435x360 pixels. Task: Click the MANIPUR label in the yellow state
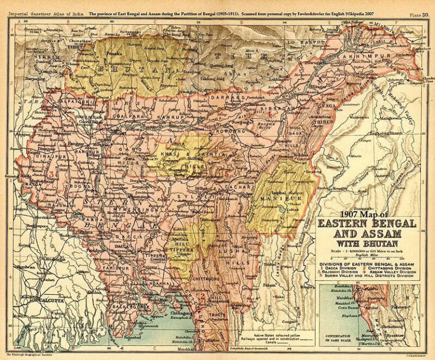(x=274, y=199)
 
